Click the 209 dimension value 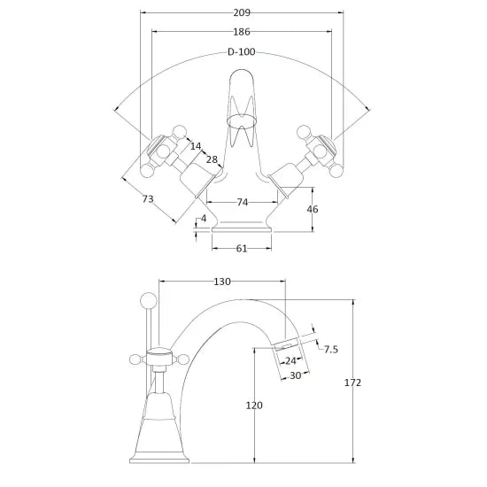pos(242,12)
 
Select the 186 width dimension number pos(242,32)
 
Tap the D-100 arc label pos(242,52)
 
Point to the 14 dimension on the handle pos(196,146)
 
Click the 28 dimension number pos(212,159)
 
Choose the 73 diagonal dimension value pos(148,198)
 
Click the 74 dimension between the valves pos(243,203)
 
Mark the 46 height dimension pos(313,209)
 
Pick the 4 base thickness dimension pos(204,219)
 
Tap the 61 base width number pos(242,249)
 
